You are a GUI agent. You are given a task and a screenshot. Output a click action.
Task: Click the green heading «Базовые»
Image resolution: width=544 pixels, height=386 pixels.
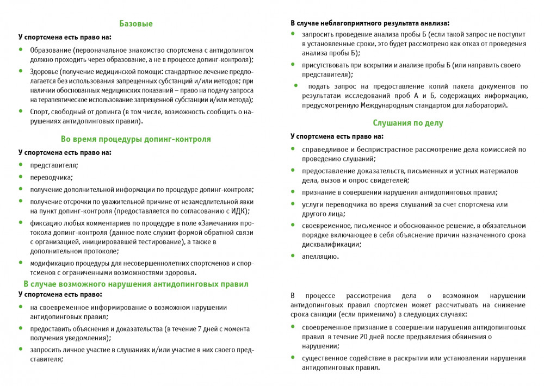(x=136, y=24)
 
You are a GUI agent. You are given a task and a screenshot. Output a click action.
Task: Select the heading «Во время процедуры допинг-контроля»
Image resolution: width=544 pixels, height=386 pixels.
(x=136, y=139)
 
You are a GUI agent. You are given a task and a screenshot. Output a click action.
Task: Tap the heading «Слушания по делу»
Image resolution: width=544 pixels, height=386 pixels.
(x=408, y=123)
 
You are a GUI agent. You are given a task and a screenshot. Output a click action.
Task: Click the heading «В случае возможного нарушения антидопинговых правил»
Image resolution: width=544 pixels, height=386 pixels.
(x=136, y=284)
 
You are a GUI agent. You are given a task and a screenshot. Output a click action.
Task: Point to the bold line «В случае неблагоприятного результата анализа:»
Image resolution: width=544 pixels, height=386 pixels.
(x=370, y=23)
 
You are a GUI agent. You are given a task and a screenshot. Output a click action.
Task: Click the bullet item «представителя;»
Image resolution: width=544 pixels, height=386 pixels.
(x=54, y=165)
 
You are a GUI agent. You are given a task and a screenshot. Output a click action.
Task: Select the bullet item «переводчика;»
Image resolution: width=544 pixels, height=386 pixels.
(x=52, y=177)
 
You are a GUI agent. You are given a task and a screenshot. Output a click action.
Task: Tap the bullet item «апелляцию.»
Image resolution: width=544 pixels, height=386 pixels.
(x=320, y=257)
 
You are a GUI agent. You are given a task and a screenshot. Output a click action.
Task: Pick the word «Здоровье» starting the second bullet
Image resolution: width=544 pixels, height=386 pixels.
(x=44, y=71)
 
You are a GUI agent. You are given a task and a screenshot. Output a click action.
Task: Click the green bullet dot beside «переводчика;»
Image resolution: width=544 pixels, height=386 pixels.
(x=21, y=177)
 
